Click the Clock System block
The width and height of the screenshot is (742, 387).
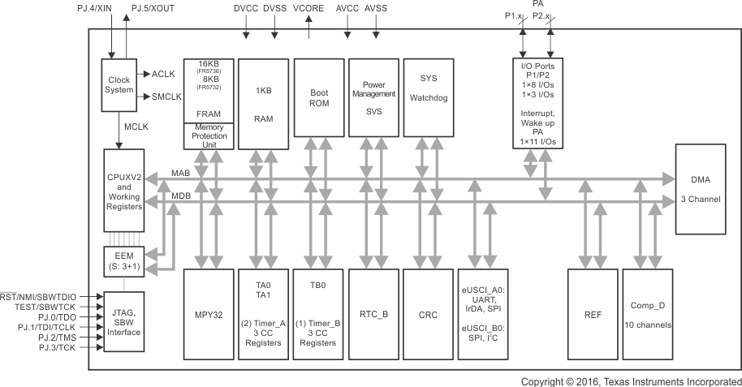point(119,84)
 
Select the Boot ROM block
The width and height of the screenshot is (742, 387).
point(318,103)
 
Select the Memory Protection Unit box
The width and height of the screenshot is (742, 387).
point(208,136)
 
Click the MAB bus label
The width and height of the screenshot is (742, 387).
point(181,174)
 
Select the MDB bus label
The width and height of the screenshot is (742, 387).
point(181,197)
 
